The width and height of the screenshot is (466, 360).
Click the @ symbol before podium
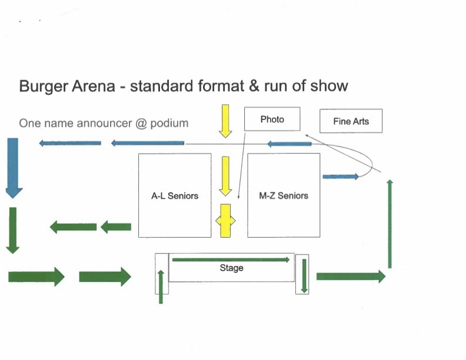(x=141, y=124)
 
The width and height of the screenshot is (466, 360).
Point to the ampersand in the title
(x=254, y=86)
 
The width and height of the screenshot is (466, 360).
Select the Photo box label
(x=272, y=119)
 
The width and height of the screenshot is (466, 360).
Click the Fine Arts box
(x=351, y=121)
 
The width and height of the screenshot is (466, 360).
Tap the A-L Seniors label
(x=175, y=195)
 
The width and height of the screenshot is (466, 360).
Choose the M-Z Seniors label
(x=284, y=195)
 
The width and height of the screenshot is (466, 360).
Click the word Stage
(x=231, y=268)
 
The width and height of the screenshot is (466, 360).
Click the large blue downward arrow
(x=13, y=167)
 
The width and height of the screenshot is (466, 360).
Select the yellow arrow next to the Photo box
(x=225, y=121)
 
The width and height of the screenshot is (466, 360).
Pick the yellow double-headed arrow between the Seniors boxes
(x=225, y=221)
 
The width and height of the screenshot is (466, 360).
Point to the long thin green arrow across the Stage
(x=231, y=259)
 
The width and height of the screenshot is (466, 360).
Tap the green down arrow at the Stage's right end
(x=304, y=275)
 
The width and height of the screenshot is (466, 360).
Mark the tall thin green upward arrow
(x=390, y=224)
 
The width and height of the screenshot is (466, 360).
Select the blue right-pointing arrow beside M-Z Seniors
(x=341, y=176)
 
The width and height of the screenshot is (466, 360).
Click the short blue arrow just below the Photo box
(x=289, y=144)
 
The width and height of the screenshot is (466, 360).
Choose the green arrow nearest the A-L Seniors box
(x=116, y=226)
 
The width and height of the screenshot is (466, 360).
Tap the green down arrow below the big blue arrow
(x=12, y=230)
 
